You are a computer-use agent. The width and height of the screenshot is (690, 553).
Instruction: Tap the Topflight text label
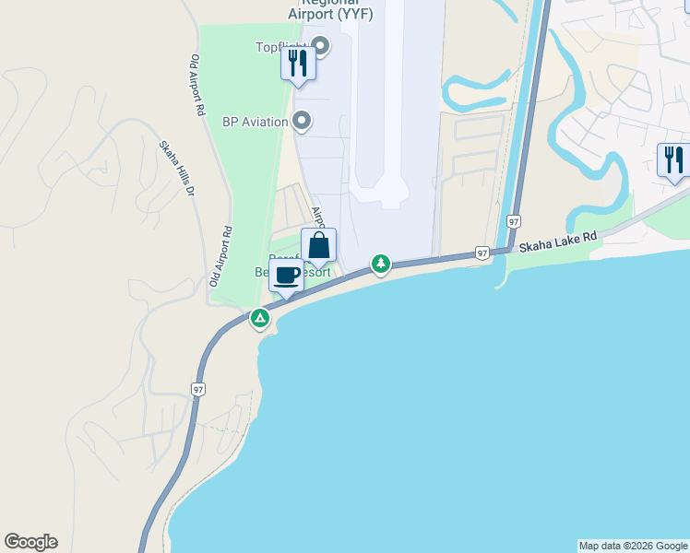click(x=280, y=47)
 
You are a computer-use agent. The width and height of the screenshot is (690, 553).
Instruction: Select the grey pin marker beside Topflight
click(x=321, y=45)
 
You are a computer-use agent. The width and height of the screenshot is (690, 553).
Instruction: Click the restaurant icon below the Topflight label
click(x=298, y=64)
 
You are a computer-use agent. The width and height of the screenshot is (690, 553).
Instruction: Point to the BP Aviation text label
click(x=255, y=122)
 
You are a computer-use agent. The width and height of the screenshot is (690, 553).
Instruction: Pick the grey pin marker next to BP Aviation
click(x=302, y=121)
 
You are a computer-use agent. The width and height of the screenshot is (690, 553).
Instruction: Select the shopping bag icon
click(x=318, y=246)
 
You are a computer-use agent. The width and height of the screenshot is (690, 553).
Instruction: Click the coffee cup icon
click(x=287, y=275)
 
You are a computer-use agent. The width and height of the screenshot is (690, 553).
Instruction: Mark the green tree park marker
click(x=380, y=265)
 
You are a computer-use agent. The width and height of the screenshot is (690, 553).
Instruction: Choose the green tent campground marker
click(x=260, y=319)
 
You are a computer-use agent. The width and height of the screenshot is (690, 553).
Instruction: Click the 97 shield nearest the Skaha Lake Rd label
click(x=482, y=252)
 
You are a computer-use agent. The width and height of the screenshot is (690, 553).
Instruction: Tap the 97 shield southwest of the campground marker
click(x=198, y=390)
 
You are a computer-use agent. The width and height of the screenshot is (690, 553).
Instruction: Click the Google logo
click(x=30, y=542)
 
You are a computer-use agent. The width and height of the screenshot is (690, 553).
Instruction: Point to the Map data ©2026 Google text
click(x=633, y=546)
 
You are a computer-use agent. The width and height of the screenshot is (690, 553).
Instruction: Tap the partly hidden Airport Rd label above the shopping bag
click(x=317, y=218)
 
